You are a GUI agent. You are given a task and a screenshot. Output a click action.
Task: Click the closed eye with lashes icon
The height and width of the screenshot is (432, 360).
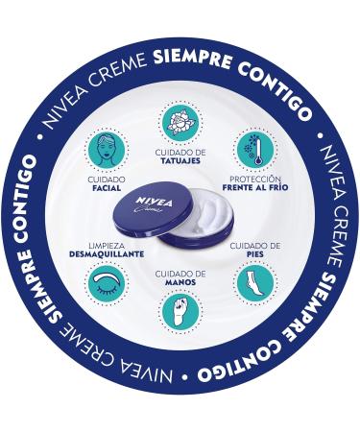(105, 283)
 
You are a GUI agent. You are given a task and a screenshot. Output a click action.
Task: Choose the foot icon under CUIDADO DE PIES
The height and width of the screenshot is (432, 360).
(255, 282)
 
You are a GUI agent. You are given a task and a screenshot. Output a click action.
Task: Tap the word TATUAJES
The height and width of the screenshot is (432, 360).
(180, 161)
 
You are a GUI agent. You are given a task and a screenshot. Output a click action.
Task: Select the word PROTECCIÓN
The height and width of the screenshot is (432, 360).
(254, 179)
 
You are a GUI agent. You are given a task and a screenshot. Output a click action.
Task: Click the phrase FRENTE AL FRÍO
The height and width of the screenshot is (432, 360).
(254, 188)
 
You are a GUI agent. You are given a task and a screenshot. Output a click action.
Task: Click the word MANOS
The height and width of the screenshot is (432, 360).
(180, 282)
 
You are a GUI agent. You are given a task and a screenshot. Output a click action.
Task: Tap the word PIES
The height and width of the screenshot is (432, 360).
(255, 254)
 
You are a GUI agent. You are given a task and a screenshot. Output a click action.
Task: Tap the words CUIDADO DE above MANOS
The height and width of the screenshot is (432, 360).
(180, 273)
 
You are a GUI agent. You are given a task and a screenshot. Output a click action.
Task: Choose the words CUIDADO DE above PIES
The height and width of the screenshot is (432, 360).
(255, 245)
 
